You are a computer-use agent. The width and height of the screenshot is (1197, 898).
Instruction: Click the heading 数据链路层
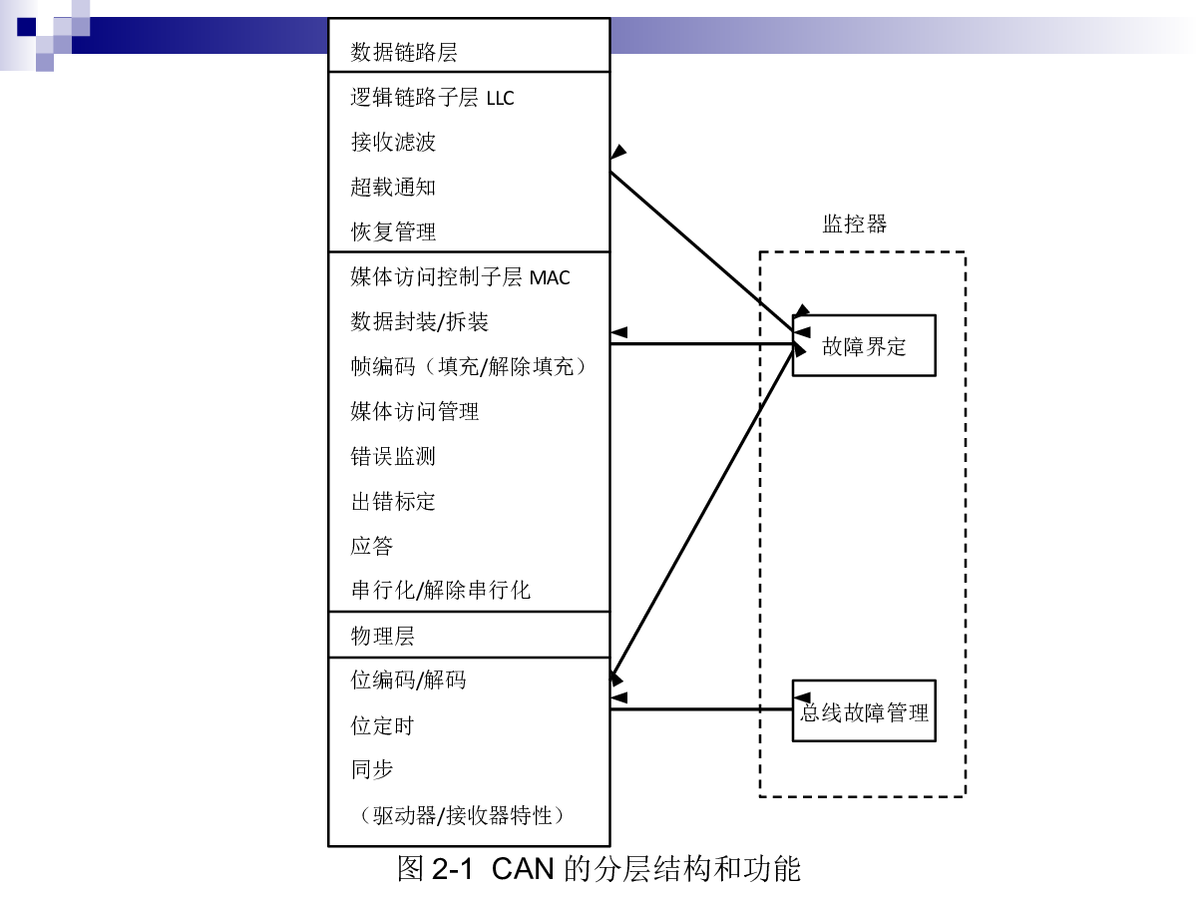(404, 52)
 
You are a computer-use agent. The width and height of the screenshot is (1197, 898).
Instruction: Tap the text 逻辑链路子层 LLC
(432, 98)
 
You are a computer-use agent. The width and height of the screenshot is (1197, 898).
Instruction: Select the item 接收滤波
(393, 143)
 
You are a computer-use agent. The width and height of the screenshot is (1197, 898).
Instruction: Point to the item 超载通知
(393, 187)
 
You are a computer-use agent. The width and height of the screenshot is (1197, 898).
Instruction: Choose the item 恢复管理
(393, 231)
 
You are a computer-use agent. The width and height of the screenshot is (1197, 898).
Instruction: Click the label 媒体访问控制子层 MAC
(460, 277)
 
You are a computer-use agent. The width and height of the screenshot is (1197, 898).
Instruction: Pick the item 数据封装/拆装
(419, 321)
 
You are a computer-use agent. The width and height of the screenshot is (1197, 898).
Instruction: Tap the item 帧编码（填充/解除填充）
(469, 366)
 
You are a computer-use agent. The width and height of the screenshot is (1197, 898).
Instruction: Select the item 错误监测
(393, 456)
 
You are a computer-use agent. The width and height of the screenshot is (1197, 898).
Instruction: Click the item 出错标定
(393, 501)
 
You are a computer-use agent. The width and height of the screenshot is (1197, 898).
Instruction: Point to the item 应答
(371, 546)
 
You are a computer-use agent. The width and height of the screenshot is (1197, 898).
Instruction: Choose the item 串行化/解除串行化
(441, 591)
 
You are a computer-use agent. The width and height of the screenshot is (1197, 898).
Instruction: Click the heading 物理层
(382, 636)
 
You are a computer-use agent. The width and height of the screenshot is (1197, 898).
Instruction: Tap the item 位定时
(382, 725)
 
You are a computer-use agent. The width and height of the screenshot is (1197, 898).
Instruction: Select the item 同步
(372, 770)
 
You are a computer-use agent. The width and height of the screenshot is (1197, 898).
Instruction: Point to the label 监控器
(855, 224)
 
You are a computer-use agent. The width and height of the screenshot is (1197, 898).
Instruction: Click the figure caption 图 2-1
(435, 868)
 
